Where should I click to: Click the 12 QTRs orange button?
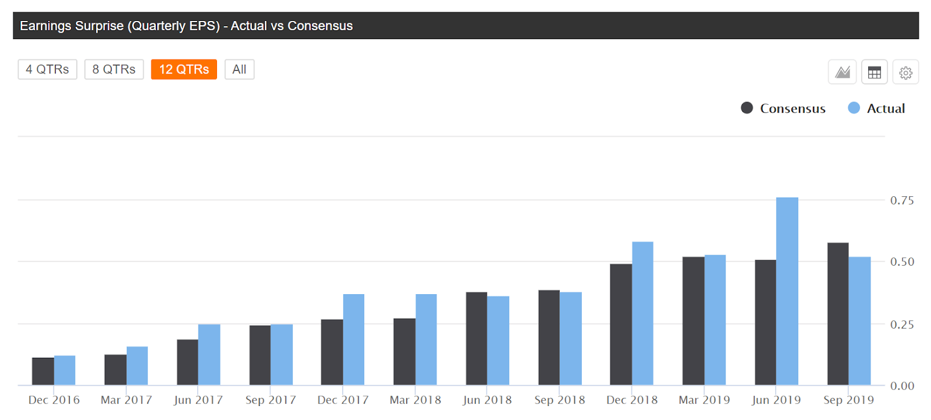184,69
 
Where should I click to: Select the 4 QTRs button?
47,69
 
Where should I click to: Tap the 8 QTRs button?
114,69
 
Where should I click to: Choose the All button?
239,69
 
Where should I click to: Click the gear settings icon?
905,73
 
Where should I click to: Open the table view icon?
874,73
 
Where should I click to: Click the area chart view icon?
843,73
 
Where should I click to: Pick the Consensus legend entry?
783,108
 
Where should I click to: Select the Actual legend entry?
877,108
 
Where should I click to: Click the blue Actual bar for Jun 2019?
787,291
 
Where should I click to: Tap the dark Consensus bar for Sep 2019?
838,314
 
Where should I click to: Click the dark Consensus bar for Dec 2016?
43,371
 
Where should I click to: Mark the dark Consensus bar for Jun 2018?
477,338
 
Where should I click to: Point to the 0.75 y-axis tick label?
902,200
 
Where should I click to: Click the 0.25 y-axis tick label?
902,324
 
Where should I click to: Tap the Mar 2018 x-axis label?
415,400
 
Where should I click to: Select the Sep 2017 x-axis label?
271,400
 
